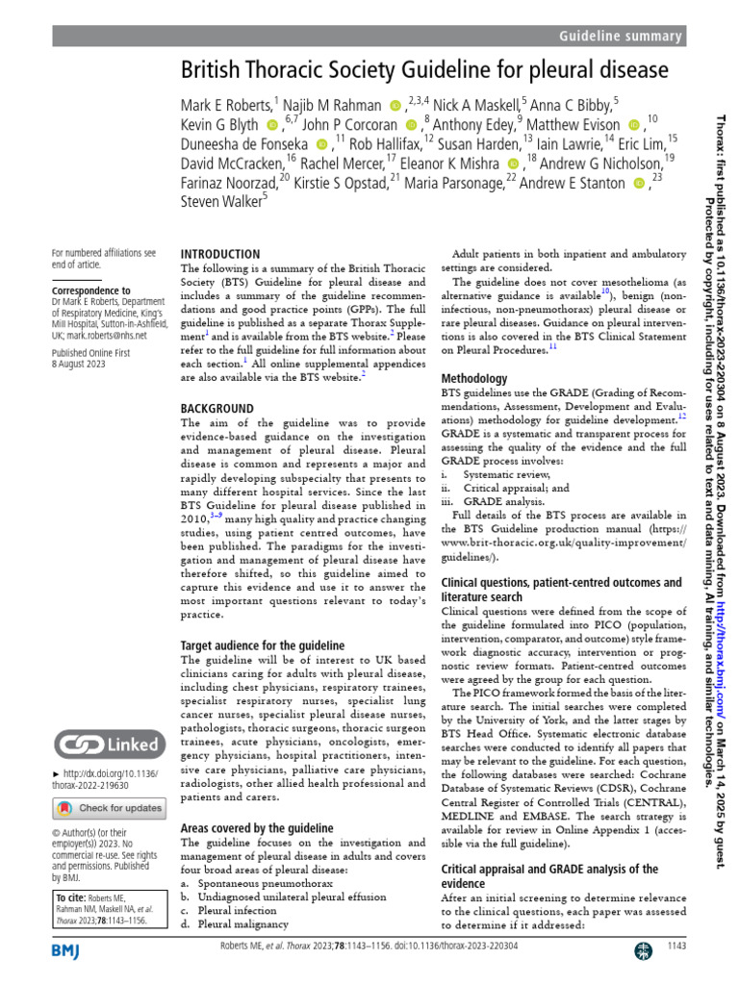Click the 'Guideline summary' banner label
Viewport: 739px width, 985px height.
coord(620,36)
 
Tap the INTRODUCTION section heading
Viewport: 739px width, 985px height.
coord(220,254)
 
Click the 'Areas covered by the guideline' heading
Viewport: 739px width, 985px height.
coord(257,827)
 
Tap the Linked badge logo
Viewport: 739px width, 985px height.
coord(107,744)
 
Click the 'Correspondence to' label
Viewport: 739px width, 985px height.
coord(91,290)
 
